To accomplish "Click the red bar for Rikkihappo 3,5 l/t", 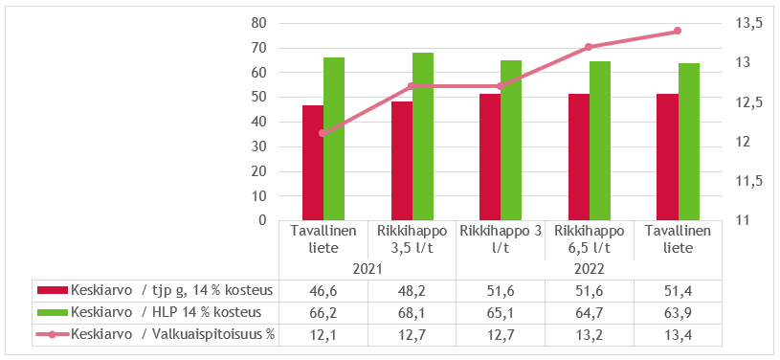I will tap(402, 161).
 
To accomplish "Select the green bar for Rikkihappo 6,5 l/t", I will tap(600, 141).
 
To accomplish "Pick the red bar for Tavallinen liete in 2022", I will tap(668, 157).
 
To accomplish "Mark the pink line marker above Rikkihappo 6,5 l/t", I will tap(589, 47).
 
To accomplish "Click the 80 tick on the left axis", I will tap(257, 23).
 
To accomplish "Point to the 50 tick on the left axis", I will tap(257, 97).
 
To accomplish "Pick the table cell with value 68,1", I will tap(412, 312).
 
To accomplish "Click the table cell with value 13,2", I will tap(589, 333).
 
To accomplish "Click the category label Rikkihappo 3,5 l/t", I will tap(412, 238).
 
